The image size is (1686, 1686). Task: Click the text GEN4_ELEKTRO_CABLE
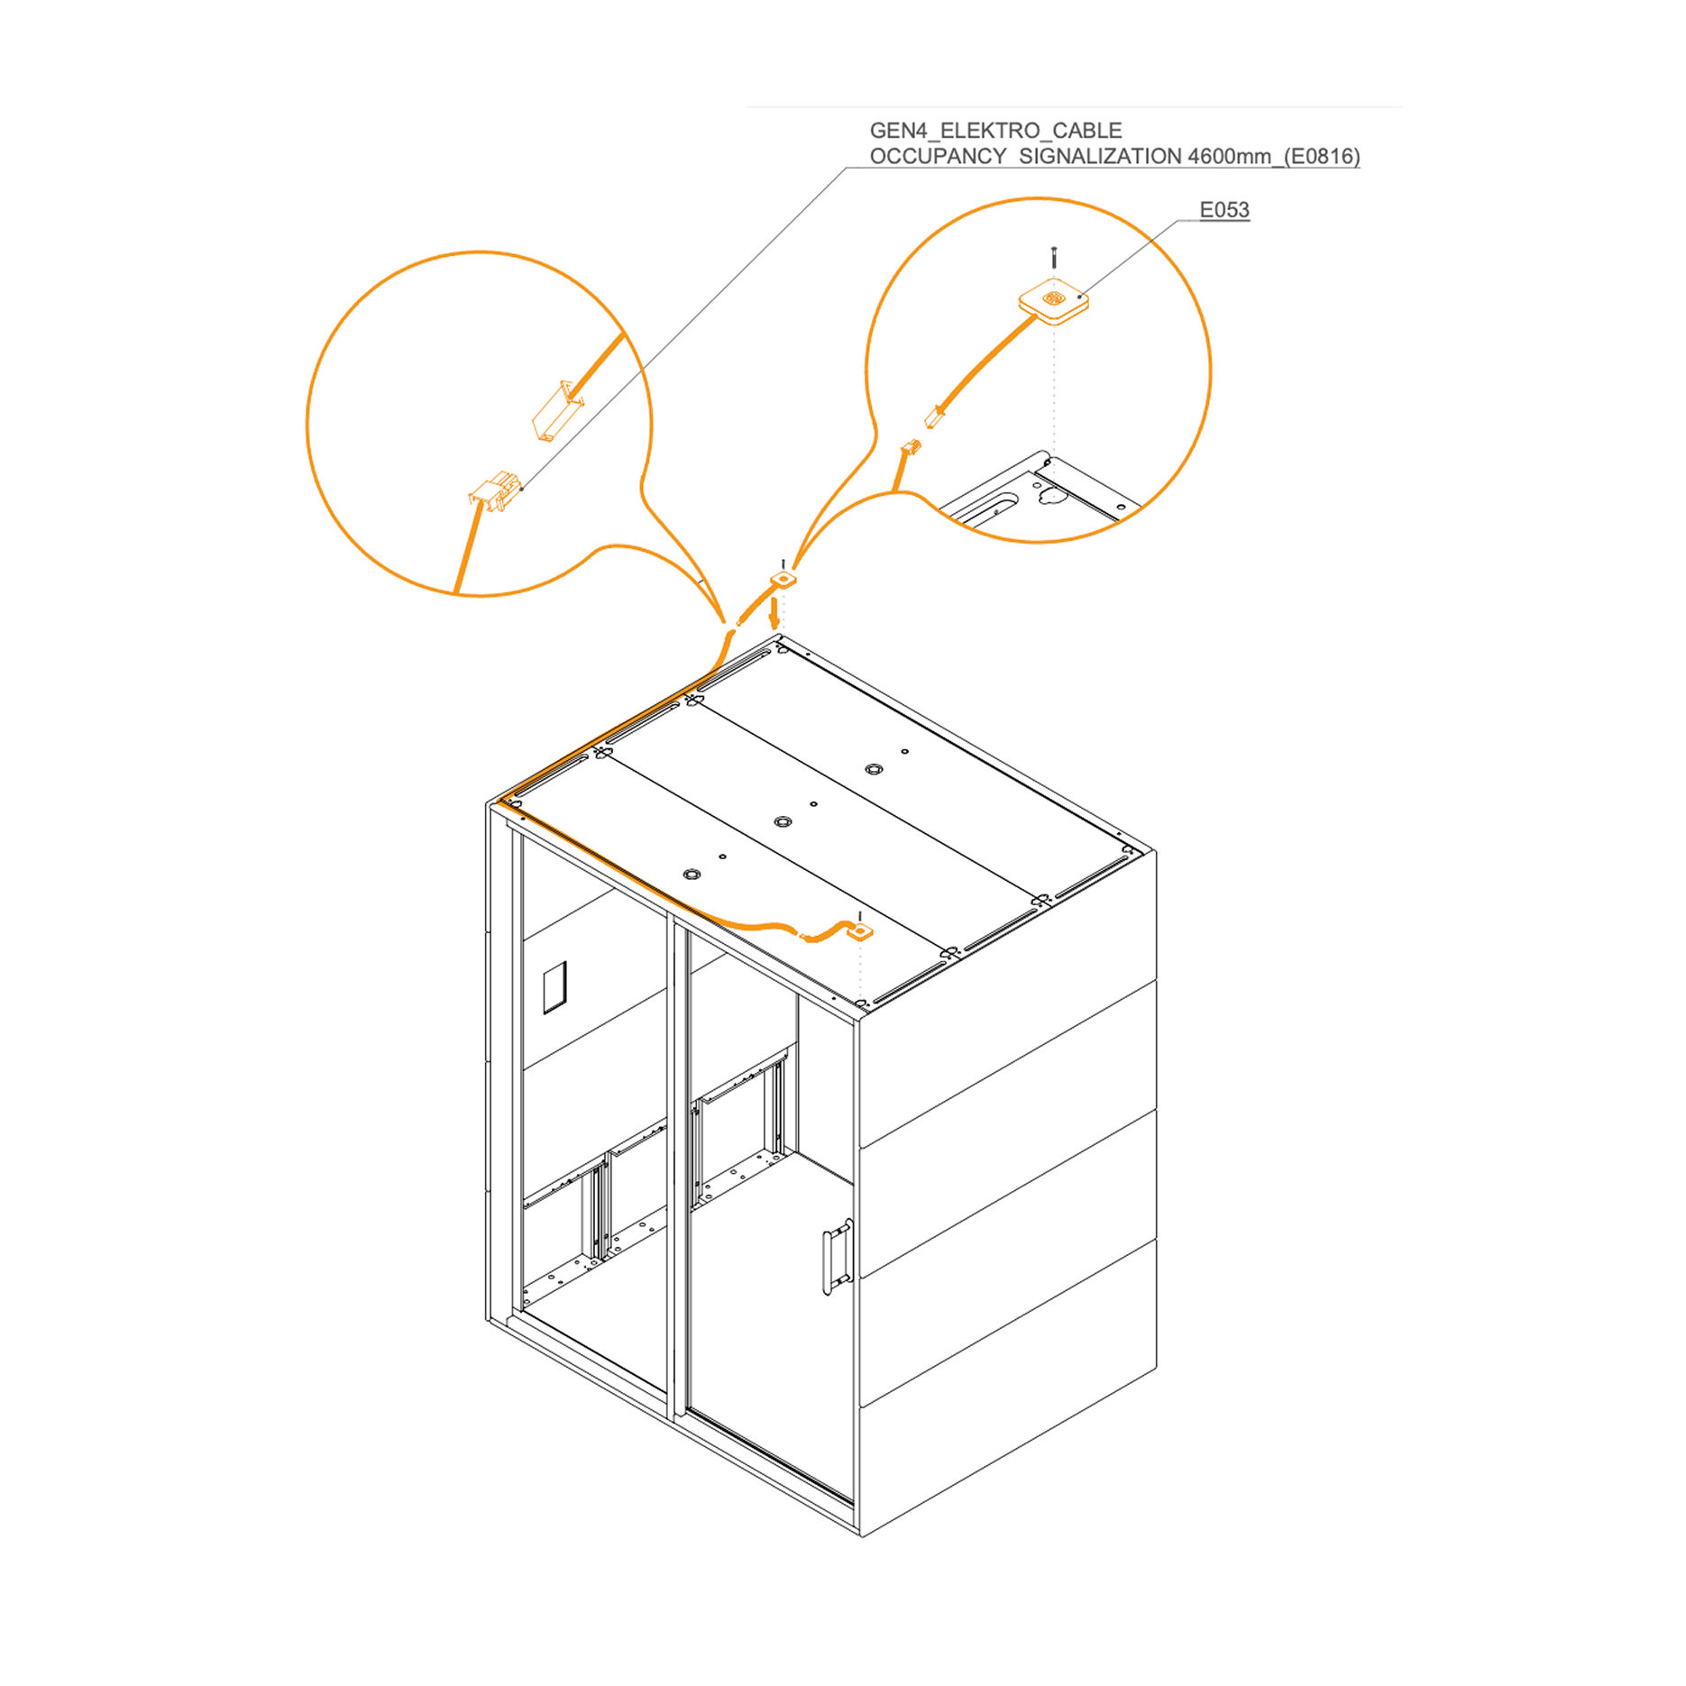click(995, 131)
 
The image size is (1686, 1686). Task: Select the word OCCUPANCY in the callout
click(938, 157)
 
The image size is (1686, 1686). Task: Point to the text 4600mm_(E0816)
click(1274, 157)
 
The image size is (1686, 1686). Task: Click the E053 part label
click(1223, 210)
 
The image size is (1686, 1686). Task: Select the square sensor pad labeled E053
click(1053, 301)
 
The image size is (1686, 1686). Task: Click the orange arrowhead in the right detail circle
click(934, 417)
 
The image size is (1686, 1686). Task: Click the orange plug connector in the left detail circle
click(494, 490)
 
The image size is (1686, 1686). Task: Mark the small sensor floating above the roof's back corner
click(783, 578)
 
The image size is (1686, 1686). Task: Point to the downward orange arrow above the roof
click(773, 614)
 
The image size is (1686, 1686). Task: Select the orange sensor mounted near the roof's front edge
click(861, 930)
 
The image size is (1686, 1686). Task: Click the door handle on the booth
click(838, 1256)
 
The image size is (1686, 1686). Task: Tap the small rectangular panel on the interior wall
click(554, 987)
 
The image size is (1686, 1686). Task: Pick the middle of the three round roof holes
click(783, 821)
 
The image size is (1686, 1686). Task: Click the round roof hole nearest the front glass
click(692, 875)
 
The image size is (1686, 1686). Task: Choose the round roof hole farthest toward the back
click(873, 769)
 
